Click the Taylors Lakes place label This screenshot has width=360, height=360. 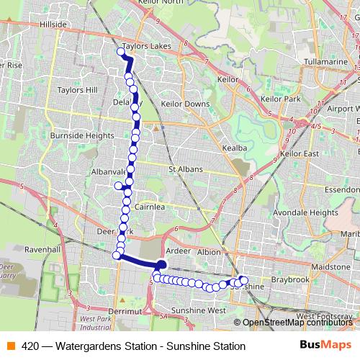[148, 45]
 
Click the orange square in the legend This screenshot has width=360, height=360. [10, 346]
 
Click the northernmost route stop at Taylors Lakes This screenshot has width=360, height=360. [121, 51]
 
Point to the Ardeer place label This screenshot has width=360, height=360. [178, 252]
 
